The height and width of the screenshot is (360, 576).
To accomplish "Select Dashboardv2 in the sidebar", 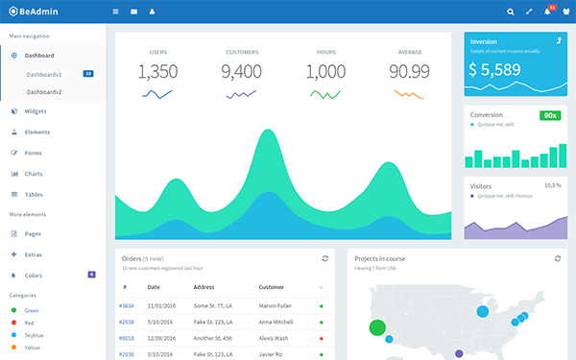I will (x=44, y=91).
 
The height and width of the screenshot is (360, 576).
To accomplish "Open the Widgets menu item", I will (x=36, y=111).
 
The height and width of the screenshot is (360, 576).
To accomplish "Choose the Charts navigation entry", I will (x=34, y=174).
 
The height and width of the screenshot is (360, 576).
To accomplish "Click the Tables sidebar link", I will (x=34, y=194).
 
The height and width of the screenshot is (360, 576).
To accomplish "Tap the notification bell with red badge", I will (x=548, y=12).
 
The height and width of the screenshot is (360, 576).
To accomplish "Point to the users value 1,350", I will (x=157, y=72).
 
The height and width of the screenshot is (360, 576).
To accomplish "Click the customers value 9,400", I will (x=241, y=72).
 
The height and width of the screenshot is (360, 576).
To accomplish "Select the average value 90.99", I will (x=409, y=72).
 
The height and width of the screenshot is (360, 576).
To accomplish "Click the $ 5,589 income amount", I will (x=494, y=70).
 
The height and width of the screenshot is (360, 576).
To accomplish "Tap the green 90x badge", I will (x=550, y=115).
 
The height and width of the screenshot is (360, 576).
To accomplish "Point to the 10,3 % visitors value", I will (x=553, y=185).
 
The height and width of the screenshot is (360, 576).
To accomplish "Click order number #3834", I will (x=127, y=305).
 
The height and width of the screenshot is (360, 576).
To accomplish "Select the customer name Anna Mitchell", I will (x=276, y=322).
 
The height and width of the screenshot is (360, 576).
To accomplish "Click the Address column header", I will (x=204, y=287).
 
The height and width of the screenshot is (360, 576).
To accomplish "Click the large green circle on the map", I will (x=377, y=327).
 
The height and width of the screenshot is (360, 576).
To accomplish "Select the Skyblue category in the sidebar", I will (x=33, y=335).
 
